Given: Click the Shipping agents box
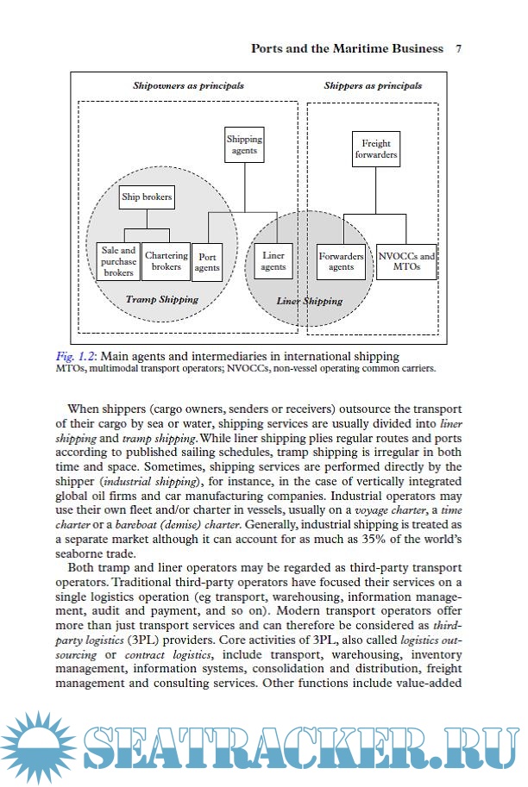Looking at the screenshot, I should pos(244,145).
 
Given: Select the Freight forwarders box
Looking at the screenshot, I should pos(375,149).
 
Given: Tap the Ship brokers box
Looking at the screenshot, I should pos(147,197).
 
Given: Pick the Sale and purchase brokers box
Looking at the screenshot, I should pos(118,261).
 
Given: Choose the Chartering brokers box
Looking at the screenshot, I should pos(167,261).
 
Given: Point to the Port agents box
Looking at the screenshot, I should pos(207,262).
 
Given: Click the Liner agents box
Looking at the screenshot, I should pos(273,261).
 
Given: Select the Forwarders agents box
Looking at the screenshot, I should pos(341,261).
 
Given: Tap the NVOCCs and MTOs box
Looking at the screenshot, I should pos(406,261).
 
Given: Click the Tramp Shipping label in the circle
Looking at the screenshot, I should pos(162,300).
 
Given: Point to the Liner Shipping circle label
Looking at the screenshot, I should pos(309,302).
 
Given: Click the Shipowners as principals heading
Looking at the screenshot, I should pos(188,86).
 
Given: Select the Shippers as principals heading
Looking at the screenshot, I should pos(373,86).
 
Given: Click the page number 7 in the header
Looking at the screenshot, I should pos(458,49).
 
